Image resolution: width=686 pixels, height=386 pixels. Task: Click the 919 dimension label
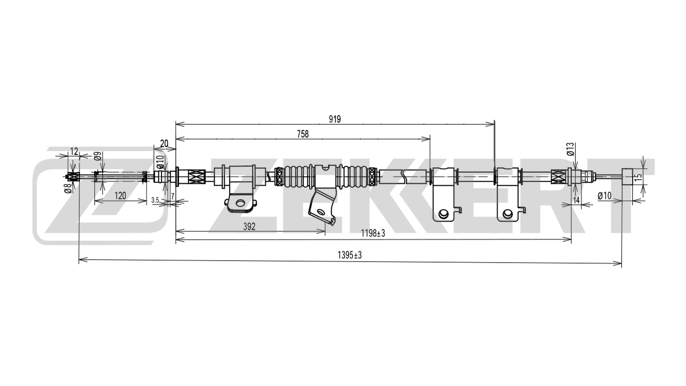[335, 119]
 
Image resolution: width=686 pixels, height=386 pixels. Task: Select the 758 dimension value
[303, 134]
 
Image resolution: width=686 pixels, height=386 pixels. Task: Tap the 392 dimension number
[249, 227]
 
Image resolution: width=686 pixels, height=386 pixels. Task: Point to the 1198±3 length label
[373, 233]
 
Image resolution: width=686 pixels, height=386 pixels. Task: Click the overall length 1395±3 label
[349, 255]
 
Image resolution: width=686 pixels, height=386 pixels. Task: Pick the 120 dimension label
[120, 196]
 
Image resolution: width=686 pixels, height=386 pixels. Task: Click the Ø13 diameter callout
[570, 149]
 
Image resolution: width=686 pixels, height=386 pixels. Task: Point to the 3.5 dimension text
[155, 200]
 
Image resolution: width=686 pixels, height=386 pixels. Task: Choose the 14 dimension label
[576, 200]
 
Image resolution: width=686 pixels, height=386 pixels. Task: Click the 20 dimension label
[164, 144]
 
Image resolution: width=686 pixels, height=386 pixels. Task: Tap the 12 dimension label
[74, 151]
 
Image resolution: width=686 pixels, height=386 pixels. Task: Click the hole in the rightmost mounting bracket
[507, 214]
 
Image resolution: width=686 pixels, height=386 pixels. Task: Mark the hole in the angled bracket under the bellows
[320, 212]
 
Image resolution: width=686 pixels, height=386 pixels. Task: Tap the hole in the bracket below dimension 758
[443, 213]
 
